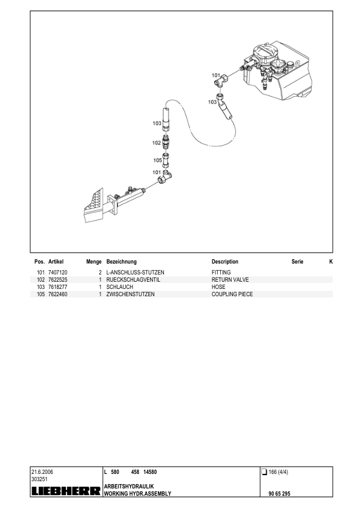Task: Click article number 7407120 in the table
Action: click(58, 273)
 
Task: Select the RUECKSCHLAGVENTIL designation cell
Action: click(133, 279)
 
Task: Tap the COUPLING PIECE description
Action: click(232, 294)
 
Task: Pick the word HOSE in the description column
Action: click(218, 287)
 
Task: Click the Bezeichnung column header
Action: click(122, 262)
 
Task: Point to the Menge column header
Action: click(94, 262)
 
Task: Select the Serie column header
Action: click(297, 262)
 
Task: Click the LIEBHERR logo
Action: click(66, 491)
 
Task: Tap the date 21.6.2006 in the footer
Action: click(42, 472)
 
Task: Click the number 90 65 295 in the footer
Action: click(280, 493)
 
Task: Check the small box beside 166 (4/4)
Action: click(264, 472)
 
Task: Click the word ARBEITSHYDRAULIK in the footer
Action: click(129, 486)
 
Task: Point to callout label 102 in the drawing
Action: click(157, 143)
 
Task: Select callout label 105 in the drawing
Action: click(157, 160)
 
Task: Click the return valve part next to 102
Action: click(166, 142)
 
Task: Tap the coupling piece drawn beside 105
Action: click(166, 160)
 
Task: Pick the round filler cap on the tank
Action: click(263, 51)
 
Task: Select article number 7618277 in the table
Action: click(58, 287)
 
